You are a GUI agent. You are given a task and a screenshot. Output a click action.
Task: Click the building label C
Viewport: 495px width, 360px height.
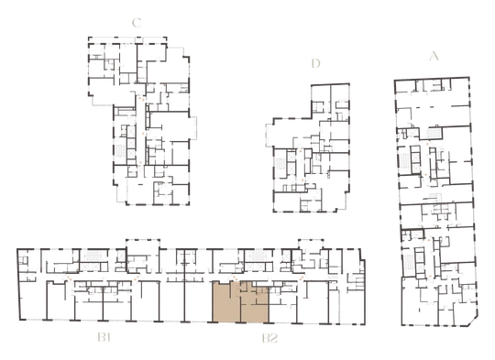tap(137, 23)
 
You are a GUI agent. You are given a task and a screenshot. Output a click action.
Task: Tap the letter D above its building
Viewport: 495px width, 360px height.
tap(315, 63)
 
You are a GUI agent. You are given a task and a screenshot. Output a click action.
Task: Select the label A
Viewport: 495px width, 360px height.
tap(434, 56)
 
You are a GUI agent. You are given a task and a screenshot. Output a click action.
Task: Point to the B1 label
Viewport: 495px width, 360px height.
tap(104, 338)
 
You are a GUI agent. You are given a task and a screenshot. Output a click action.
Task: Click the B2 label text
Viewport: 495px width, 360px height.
tap(269, 339)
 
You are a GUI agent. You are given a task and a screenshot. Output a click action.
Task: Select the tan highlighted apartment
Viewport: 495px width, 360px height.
tap(240, 302)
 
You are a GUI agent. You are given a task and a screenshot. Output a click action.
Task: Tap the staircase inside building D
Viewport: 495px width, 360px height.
tap(280, 164)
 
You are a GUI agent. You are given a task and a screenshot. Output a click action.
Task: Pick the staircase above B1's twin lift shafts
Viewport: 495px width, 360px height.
tap(93, 255)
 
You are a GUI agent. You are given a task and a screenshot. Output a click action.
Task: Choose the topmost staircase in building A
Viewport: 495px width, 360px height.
tap(434, 133)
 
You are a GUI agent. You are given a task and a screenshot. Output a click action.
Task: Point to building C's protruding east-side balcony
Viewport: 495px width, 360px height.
tap(192, 127)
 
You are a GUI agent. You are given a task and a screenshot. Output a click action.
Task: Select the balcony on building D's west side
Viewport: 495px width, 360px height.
tap(269, 135)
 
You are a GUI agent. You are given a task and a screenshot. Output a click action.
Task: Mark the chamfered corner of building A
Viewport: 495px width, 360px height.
tap(473, 321)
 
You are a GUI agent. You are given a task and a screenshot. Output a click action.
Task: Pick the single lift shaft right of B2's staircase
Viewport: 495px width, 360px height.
tap(286, 256)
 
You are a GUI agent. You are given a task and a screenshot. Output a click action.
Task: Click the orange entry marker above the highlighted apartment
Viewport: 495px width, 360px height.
tap(234, 278)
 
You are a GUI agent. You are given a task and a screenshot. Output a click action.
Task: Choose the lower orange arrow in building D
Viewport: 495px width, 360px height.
tap(302, 180)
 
